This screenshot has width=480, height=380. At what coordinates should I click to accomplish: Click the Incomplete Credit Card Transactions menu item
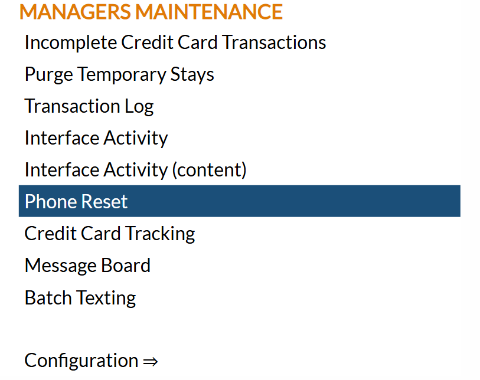click(175, 42)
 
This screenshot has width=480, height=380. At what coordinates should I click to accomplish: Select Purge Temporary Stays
click(119, 74)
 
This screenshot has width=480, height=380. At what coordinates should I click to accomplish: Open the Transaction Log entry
click(89, 106)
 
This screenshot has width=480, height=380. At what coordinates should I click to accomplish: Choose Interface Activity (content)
click(136, 170)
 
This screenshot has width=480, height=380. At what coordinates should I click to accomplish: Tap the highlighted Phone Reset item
click(239, 201)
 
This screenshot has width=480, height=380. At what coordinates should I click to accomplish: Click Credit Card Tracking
click(110, 234)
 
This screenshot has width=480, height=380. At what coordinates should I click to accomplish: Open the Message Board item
click(87, 266)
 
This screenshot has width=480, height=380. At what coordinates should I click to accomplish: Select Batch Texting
click(80, 298)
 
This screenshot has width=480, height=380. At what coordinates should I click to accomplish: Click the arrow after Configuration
click(151, 362)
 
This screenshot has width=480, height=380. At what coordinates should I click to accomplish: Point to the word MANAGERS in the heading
click(76, 12)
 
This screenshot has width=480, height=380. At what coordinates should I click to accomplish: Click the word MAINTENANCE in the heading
click(209, 12)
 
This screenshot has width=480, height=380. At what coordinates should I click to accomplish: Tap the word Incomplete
click(71, 42)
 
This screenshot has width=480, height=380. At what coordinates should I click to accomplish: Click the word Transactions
click(275, 42)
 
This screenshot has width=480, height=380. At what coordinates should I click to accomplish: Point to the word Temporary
click(121, 74)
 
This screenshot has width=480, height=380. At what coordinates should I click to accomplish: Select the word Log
click(139, 107)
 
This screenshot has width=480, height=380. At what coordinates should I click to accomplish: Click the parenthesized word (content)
click(210, 170)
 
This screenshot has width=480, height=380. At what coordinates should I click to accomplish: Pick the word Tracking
click(160, 234)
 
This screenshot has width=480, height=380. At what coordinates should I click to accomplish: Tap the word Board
click(126, 266)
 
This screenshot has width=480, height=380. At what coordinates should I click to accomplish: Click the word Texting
click(106, 298)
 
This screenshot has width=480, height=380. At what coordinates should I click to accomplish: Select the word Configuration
click(81, 361)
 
